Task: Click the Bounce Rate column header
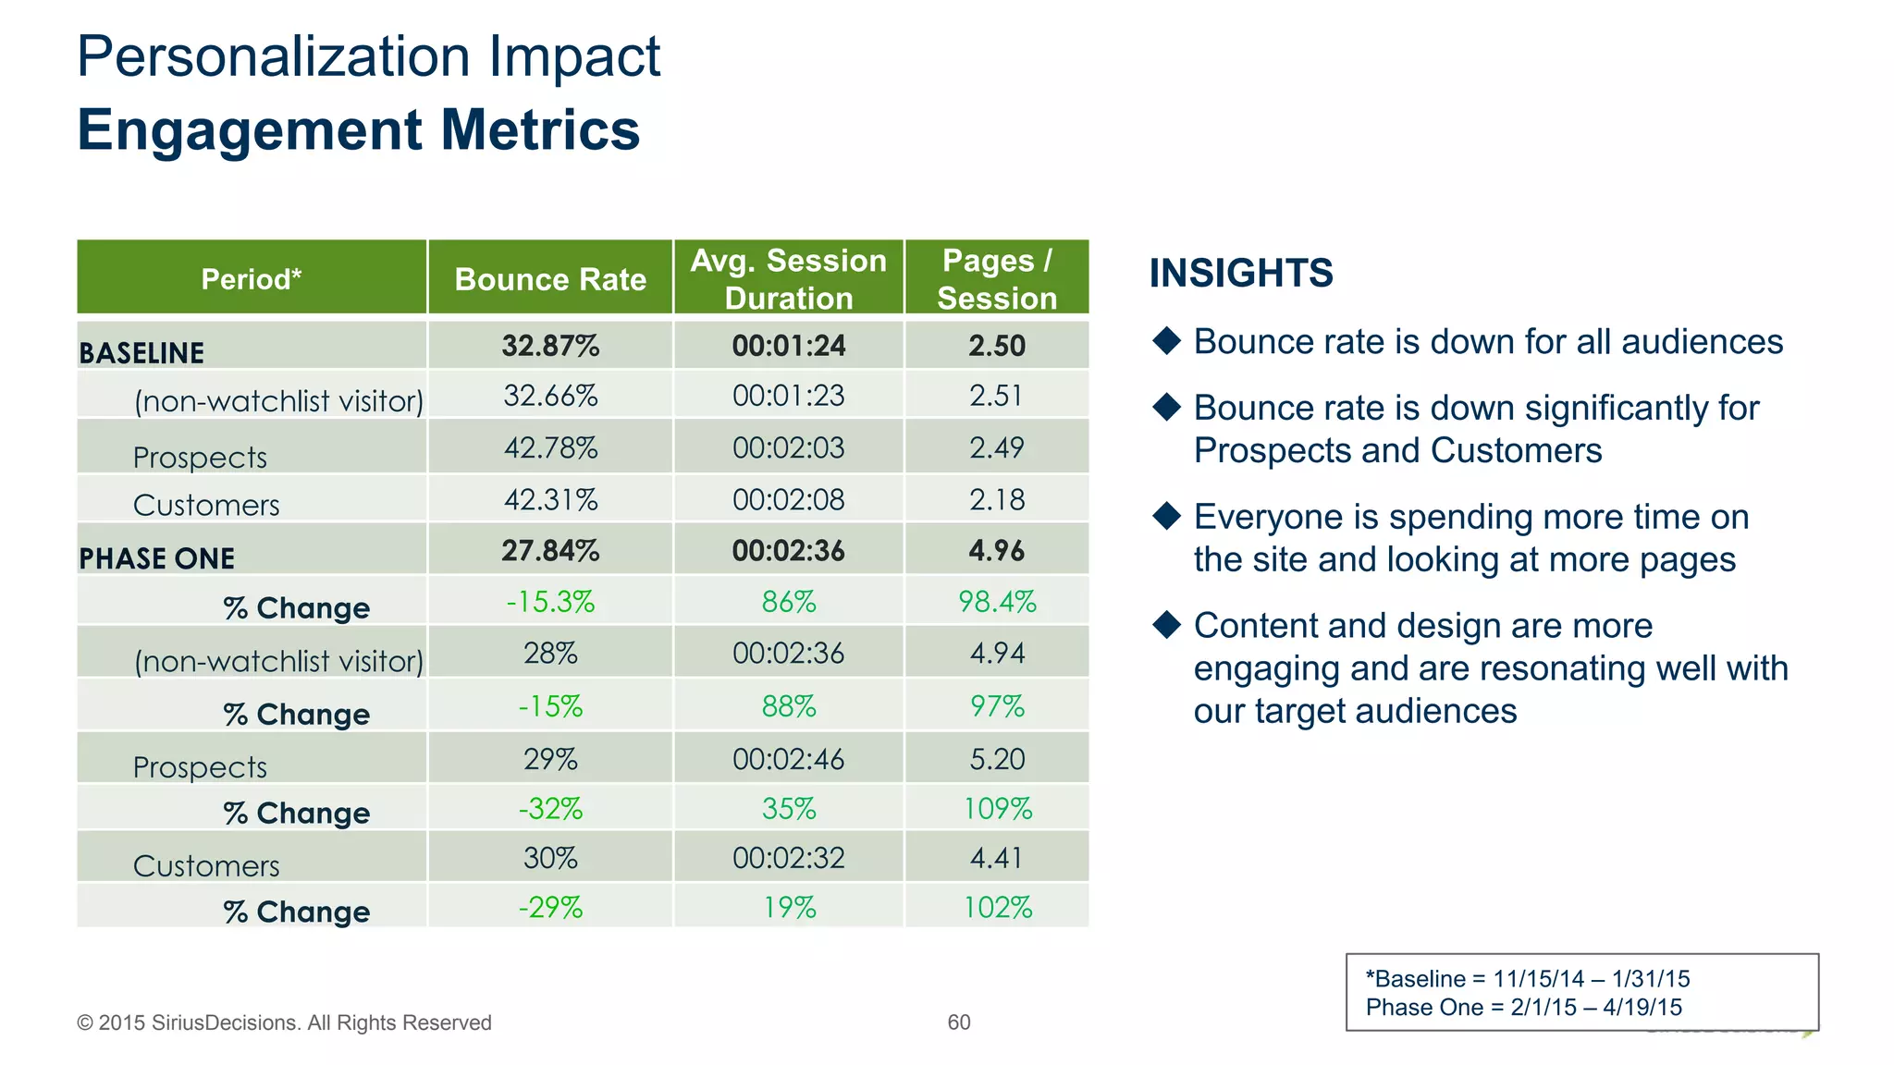point(550,279)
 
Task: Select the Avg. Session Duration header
point(788,279)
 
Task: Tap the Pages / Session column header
point(996,279)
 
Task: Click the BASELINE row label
point(141,353)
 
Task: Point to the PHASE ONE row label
point(157,558)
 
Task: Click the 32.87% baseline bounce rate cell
point(550,346)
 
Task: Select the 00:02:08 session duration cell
point(788,500)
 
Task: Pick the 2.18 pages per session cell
point(996,500)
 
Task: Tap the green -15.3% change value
point(550,602)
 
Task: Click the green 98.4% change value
point(996,602)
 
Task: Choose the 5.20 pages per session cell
point(996,759)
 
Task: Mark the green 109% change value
point(996,809)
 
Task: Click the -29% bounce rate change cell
point(550,907)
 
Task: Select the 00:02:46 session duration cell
point(788,759)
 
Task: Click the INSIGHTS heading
point(1240,273)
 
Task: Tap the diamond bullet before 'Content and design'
point(1167,625)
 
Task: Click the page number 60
point(958,1022)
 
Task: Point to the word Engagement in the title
point(249,129)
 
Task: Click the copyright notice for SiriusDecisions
point(284,1022)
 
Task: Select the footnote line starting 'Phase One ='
point(1523,1008)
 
